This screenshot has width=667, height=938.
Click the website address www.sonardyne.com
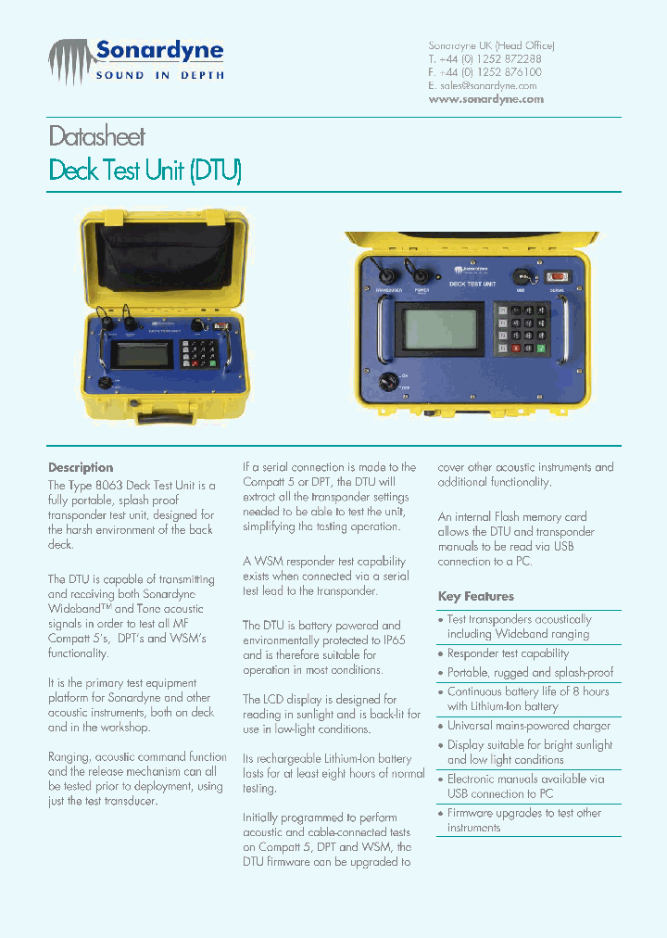pos(485,99)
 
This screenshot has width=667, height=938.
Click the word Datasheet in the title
pos(96,137)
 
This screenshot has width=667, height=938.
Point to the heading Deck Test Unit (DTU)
pos(145,171)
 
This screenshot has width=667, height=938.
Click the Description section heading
pos(81,468)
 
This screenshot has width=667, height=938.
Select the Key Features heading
pos(475,597)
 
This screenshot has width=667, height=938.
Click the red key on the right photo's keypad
pos(502,311)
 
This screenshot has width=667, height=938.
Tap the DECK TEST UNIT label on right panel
pos(472,284)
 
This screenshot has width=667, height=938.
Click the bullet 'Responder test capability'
pos(508,653)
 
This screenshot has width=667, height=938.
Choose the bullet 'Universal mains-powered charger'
pos(528,726)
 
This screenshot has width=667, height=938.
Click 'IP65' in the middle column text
pos(392,640)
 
